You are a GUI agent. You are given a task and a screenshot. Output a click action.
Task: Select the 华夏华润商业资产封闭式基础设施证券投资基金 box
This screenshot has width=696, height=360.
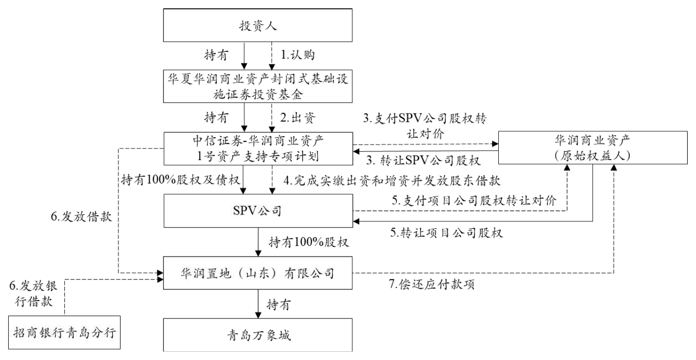click(x=258, y=85)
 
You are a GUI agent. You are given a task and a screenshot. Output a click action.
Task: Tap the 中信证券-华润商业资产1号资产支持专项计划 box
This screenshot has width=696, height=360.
click(x=258, y=149)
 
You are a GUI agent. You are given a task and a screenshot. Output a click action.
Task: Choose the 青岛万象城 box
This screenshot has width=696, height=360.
click(x=258, y=335)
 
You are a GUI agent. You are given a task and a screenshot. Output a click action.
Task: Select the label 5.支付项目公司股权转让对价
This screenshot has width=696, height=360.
click(x=473, y=200)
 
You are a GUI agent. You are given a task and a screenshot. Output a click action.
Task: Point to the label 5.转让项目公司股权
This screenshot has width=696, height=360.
click(x=447, y=233)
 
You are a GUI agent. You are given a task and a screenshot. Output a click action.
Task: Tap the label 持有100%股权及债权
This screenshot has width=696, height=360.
click(x=179, y=180)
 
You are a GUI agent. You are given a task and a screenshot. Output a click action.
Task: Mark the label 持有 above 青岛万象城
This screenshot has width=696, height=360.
click(x=280, y=305)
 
